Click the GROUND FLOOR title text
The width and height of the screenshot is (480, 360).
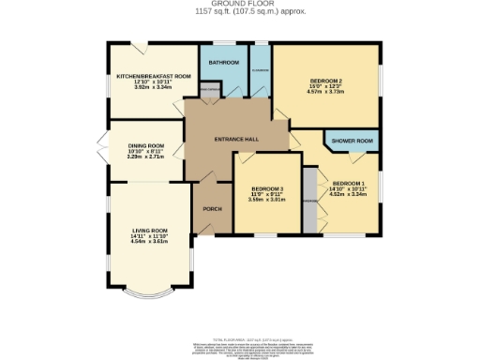click(x=239, y=4)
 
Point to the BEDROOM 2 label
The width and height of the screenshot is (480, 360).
click(x=327, y=80)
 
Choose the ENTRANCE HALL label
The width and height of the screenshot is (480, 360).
click(x=236, y=140)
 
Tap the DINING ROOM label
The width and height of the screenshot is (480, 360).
click(x=145, y=146)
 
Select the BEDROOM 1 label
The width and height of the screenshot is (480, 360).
click(x=348, y=183)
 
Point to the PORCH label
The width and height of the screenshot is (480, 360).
click(x=212, y=208)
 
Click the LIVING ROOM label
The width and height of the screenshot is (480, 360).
click(x=149, y=231)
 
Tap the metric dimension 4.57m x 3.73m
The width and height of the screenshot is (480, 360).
click(x=327, y=92)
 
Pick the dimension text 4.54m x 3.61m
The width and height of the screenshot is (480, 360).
click(x=149, y=242)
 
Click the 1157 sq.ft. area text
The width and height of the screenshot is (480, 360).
click(x=239, y=11)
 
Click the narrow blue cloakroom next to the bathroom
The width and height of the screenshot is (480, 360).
click(x=260, y=71)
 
